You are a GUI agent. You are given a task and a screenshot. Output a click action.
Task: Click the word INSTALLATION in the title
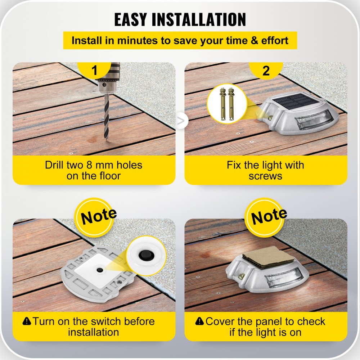199,20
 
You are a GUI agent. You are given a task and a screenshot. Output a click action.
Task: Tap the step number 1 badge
95,71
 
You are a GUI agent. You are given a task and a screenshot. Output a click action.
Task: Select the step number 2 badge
266,71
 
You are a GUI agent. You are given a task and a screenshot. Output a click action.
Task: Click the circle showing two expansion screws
227,104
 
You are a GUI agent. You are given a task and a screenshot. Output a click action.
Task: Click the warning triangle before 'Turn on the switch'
27,321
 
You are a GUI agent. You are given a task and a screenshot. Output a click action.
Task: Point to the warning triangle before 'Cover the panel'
199,321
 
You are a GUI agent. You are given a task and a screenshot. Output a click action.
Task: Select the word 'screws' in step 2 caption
265,176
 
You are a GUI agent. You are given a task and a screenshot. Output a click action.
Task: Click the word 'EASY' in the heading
131,20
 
